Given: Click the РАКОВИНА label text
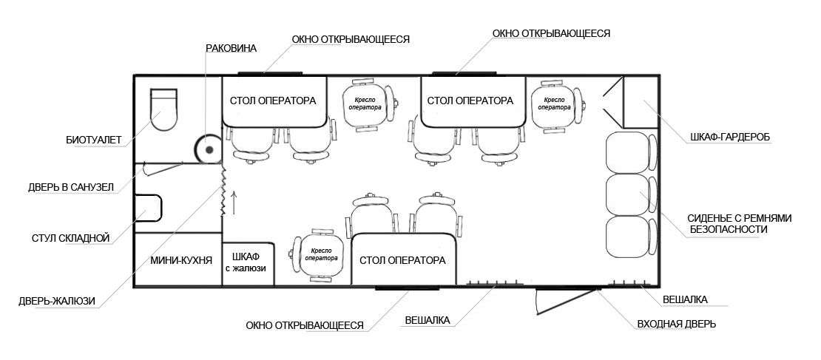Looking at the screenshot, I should click(x=231, y=49).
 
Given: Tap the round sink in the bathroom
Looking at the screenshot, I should click(x=209, y=149).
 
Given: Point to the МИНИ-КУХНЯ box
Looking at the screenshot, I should click(x=177, y=260).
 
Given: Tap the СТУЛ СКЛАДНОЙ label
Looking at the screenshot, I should click(x=71, y=238).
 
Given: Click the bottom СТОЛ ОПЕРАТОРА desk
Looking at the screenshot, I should click(x=402, y=260).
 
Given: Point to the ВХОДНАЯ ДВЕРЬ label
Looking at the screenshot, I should click(x=676, y=324).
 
